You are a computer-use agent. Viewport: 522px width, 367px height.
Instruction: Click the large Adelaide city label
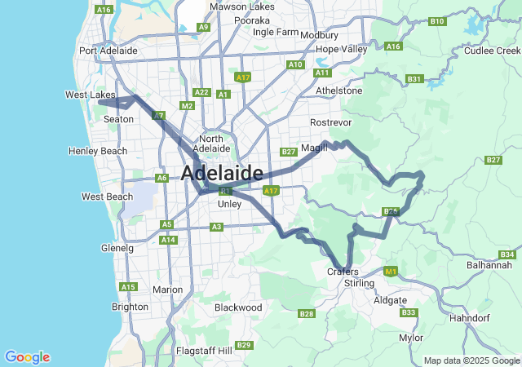(222, 173)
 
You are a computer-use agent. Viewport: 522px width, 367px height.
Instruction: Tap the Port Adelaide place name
(108, 51)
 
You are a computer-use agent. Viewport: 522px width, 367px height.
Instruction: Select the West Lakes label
(90, 95)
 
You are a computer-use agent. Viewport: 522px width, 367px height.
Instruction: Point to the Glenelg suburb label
(117, 248)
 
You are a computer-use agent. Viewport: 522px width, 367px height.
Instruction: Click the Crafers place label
(343, 272)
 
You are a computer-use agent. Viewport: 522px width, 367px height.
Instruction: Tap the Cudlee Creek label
(491, 51)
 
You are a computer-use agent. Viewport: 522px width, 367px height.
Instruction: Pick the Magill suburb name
(313, 148)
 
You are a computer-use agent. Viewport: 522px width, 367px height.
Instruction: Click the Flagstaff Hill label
(203, 351)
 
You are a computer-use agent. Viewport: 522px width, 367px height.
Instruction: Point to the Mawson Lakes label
(242, 7)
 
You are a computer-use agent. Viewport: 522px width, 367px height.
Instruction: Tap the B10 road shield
(436, 21)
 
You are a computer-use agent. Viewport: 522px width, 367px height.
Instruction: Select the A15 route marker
(128, 287)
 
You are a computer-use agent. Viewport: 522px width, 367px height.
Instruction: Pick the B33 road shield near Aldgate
(409, 312)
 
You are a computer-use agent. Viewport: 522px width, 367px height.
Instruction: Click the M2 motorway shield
(187, 106)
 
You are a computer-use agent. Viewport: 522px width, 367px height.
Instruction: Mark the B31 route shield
(414, 79)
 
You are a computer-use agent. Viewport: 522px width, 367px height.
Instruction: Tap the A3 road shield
(217, 227)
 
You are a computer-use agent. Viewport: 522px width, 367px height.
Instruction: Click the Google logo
(27, 357)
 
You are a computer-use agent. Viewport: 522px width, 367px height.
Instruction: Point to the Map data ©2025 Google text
(471, 360)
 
